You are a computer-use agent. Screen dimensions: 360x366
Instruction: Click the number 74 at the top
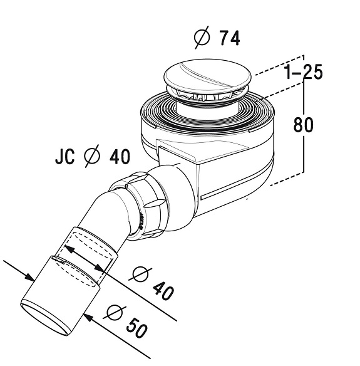point(230,38)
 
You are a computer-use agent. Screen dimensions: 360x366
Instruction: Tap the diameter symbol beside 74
point(202,38)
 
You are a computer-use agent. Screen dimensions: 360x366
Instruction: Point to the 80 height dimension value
point(304,125)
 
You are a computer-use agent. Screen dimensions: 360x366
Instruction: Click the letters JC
point(65,157)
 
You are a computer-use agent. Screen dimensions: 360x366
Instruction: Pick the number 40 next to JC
point(120,157)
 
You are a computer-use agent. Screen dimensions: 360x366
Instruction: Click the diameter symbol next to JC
point(92,156)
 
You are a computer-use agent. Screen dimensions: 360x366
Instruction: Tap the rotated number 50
point(137,327)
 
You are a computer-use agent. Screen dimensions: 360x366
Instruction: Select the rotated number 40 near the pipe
point(163,289)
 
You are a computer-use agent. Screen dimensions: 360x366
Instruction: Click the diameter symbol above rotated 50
point(115,313)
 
